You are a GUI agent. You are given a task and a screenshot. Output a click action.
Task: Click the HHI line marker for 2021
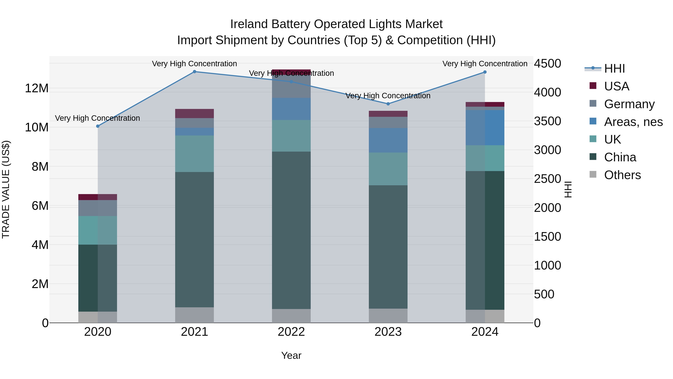coord(194,72)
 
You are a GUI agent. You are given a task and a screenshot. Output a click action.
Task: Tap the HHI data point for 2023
coord(388,104)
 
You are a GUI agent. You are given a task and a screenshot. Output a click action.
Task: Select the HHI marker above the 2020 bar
coord(98,126)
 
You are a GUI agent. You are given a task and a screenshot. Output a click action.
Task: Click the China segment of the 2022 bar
coord(291,230)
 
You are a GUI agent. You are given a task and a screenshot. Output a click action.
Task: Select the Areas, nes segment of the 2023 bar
coord(388,140)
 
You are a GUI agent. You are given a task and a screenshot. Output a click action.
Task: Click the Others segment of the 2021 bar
coord(194,315)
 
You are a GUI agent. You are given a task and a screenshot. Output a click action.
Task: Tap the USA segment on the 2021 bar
coord(194,114)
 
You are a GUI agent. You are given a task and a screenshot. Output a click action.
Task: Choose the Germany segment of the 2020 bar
coord(98,208)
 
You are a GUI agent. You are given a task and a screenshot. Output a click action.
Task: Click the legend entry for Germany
coord(629,104)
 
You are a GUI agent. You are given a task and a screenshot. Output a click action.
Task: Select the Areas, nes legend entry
coord(633,122)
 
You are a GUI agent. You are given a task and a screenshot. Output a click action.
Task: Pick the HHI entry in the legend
coord(614,69)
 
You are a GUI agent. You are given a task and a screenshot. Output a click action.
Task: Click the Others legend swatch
coord(593,174)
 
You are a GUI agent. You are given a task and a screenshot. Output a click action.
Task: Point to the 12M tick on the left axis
coord(37,88)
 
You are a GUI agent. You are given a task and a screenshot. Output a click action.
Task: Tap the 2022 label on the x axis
coord(291,332)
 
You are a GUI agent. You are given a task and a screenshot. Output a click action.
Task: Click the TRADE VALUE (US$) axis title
coord(6,189)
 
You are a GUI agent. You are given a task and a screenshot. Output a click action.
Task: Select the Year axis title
coord(291,355)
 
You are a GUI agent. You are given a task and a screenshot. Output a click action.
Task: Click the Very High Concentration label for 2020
coord(97,118)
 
